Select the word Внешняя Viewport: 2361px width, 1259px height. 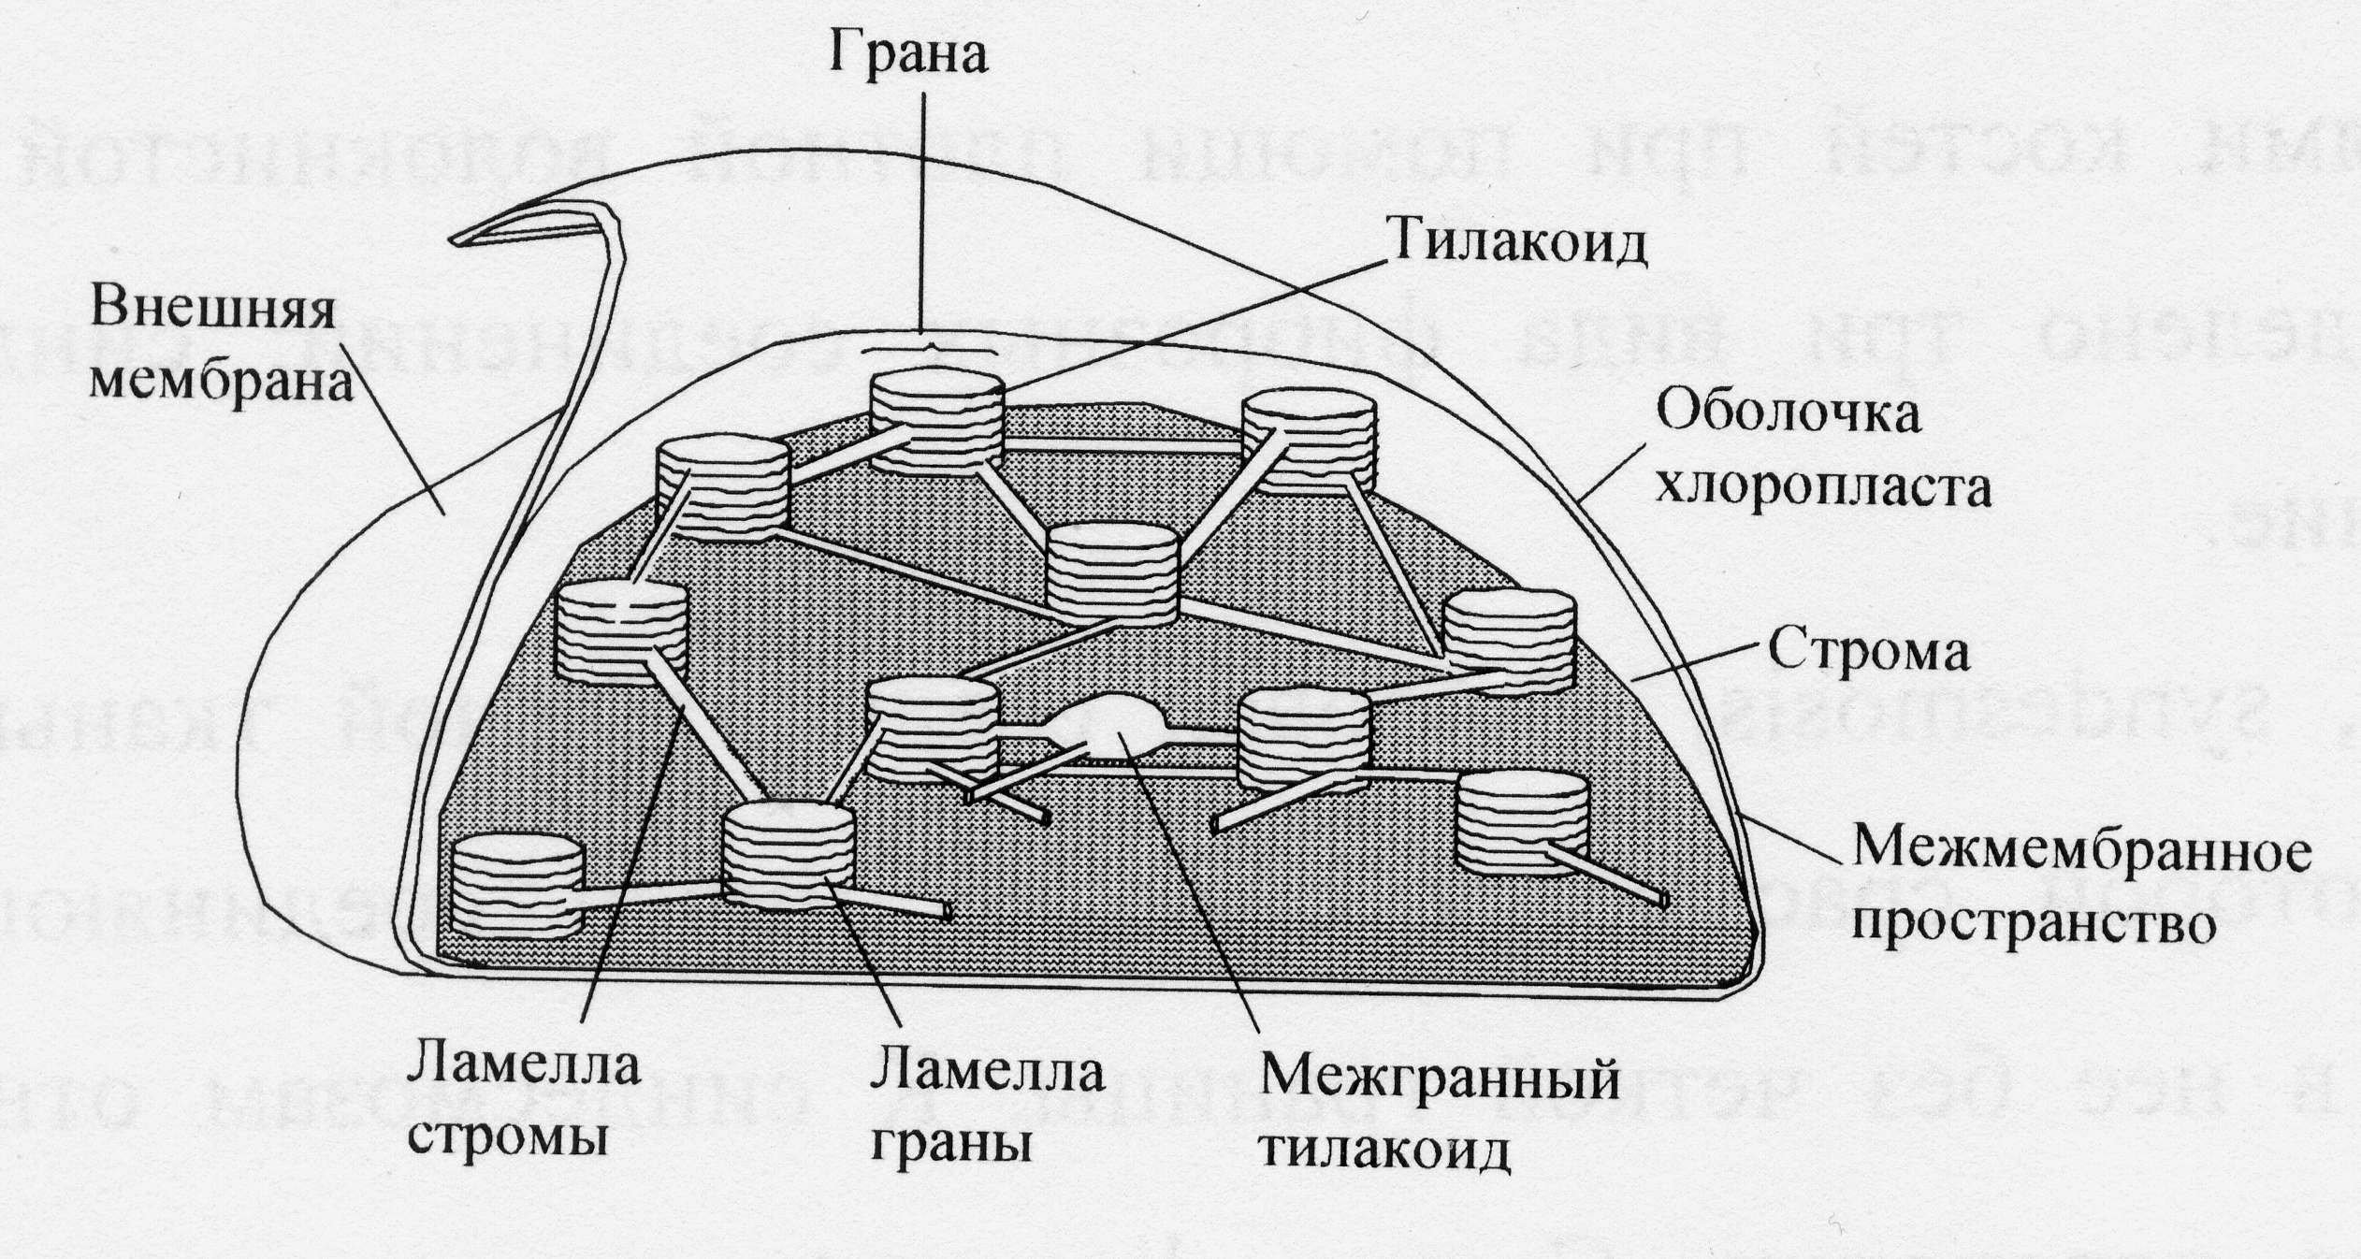212,310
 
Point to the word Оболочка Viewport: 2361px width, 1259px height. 1788,412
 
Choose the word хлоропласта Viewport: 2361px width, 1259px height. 1823,487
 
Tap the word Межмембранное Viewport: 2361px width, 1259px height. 2082,852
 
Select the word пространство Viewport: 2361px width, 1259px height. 2035,924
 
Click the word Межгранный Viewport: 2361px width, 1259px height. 1440,1078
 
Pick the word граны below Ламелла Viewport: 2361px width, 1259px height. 950,1142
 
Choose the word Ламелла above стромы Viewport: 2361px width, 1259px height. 524,1066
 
